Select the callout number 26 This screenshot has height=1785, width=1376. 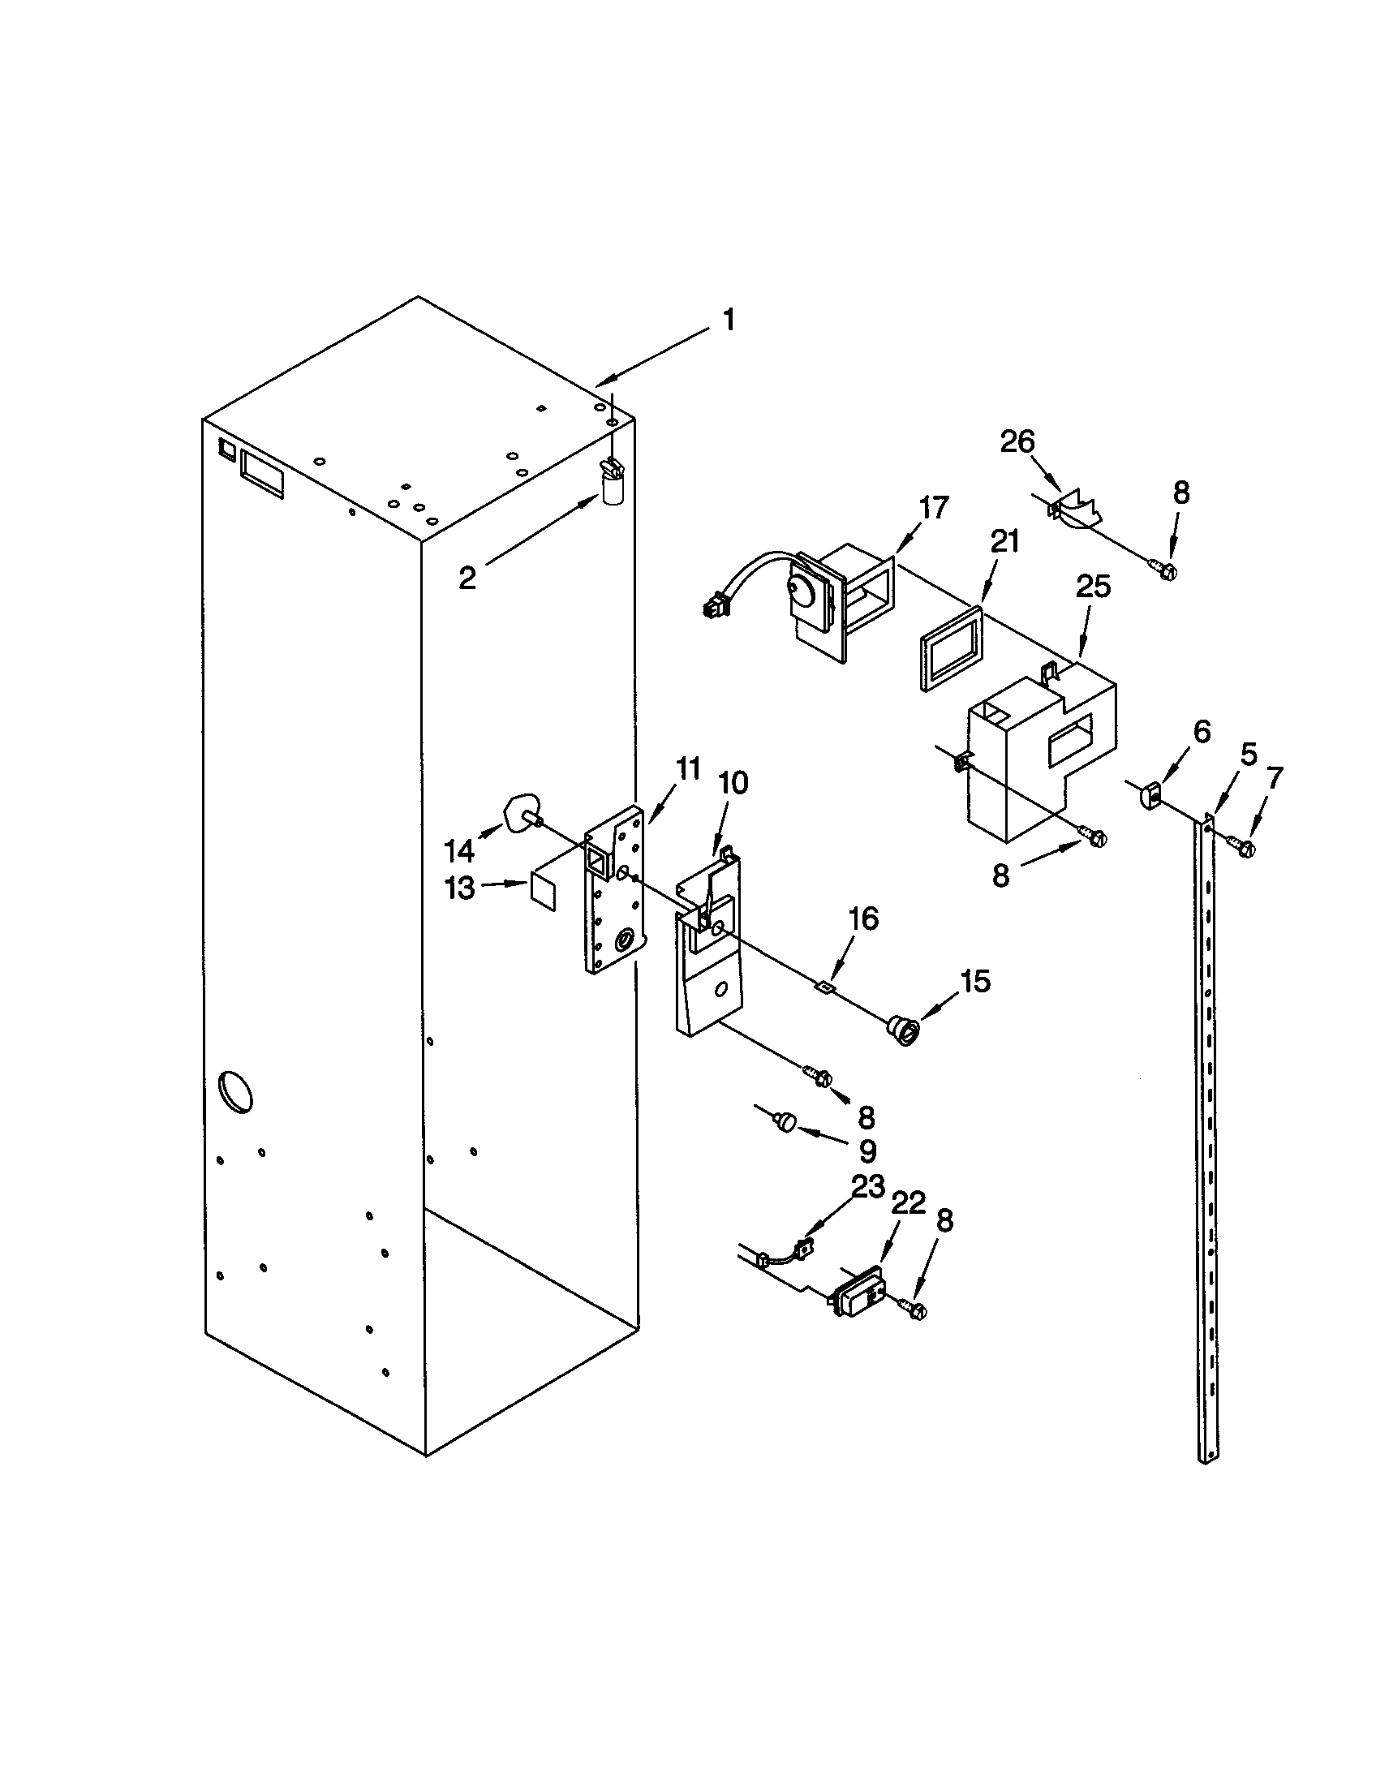click(1017, 442)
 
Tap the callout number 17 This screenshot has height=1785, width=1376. click(932, 508)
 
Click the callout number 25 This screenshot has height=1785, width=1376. click(1093, 587)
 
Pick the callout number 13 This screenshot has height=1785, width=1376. click(460, 887)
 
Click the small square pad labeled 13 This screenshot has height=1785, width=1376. click(543, 889)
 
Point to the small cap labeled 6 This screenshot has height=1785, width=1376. click(1150, 794)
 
